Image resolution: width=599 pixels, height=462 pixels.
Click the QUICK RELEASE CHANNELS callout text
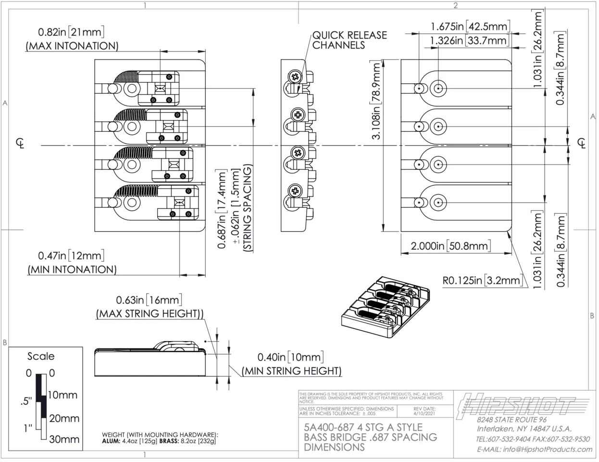pyautogui.click(x=349, y=40)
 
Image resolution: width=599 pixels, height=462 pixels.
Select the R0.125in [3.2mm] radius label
pyautogui.click(x=482, y=280)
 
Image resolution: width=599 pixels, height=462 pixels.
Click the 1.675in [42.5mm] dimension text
pyautogui.click(x=469, y=26)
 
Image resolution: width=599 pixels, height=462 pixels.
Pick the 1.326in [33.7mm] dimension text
pyautogui.click(x=469, y=40)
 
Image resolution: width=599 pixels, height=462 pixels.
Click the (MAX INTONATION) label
pyautogui.click(x=72, y=46)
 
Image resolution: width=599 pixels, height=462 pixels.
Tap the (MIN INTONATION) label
pyautogui.click(x=72, y=269)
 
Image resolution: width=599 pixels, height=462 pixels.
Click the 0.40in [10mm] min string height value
pyautogui.click(x=290, y=357)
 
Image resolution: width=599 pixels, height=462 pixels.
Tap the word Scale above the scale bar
pyautogui.click(x=41, y=357)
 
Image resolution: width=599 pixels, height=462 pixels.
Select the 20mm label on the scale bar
pyautogui.click(x=64, y=418)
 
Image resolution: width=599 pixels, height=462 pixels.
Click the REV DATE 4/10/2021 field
pyautogui.click(x=424, y=411)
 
